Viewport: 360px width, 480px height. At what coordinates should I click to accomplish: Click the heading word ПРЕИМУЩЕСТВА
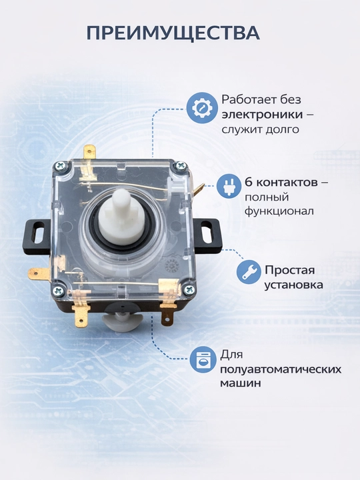tap(173, 33)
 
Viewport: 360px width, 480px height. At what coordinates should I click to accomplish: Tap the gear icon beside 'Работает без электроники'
tap(202, 108)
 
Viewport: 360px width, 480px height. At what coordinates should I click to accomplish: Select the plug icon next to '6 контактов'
tap(229, 185)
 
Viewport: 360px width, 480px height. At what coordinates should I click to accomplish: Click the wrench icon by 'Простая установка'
tap(249, 272)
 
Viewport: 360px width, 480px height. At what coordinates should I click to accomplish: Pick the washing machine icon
tap(202, 359)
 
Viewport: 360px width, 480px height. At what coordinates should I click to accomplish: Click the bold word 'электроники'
tap(263, 115)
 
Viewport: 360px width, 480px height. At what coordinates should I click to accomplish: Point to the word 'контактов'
tap(286, 183)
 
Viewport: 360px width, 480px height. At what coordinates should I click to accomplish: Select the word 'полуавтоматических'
tap(281, 369)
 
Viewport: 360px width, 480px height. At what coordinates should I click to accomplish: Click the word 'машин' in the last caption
tap(240, 383)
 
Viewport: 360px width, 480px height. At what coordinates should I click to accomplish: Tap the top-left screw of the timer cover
tap(60, 167)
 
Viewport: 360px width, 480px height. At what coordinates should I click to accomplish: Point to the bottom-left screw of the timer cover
tap(59, 291)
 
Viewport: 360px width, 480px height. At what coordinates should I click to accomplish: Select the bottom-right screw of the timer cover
tap(189, 289)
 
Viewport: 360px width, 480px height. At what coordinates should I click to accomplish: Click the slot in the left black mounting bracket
tap(38, 233)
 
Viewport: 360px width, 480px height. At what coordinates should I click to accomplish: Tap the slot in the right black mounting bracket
tap(207, 231)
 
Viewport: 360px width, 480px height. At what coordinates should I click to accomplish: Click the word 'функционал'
tap(279, 211)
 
